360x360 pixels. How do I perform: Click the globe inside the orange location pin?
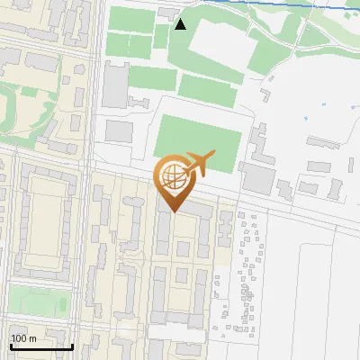173,175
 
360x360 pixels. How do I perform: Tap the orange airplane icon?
199,163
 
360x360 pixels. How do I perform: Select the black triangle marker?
181,24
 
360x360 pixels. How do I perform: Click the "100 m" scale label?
23,338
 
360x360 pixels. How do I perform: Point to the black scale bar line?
40,346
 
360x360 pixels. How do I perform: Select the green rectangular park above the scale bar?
39,299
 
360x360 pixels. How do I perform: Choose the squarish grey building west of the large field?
120,131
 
